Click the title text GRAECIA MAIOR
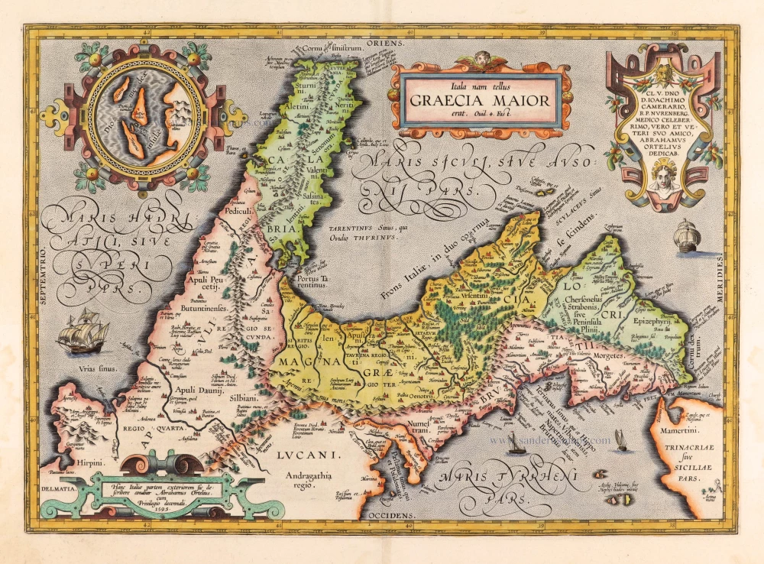point(479,99)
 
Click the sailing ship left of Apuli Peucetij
point(86,331)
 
